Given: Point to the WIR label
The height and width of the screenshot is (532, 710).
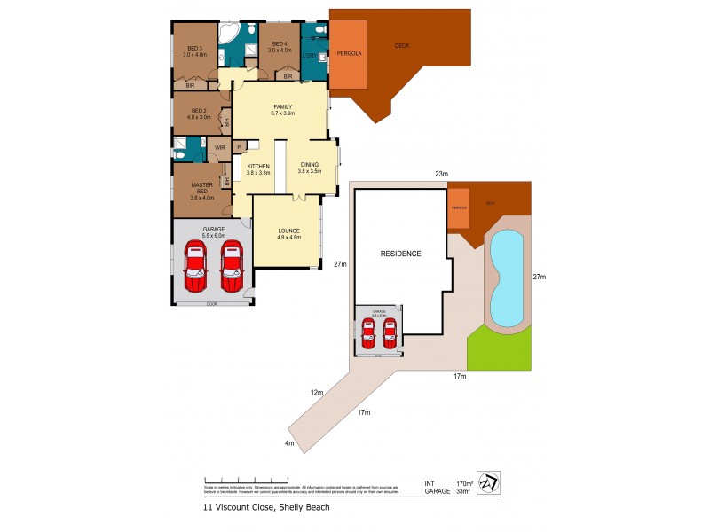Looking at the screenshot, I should (220, 146).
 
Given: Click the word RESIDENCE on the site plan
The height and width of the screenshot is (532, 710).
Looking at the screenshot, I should (400, 254).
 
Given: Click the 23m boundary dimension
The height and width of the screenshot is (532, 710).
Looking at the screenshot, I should (440, 175).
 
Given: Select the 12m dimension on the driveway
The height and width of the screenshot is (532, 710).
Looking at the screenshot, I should (317, 391).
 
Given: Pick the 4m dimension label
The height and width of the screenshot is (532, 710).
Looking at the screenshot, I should (288, 443).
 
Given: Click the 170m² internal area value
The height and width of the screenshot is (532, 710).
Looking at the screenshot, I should (462, 481).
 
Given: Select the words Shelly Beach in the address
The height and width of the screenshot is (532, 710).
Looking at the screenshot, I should (306, 508).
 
